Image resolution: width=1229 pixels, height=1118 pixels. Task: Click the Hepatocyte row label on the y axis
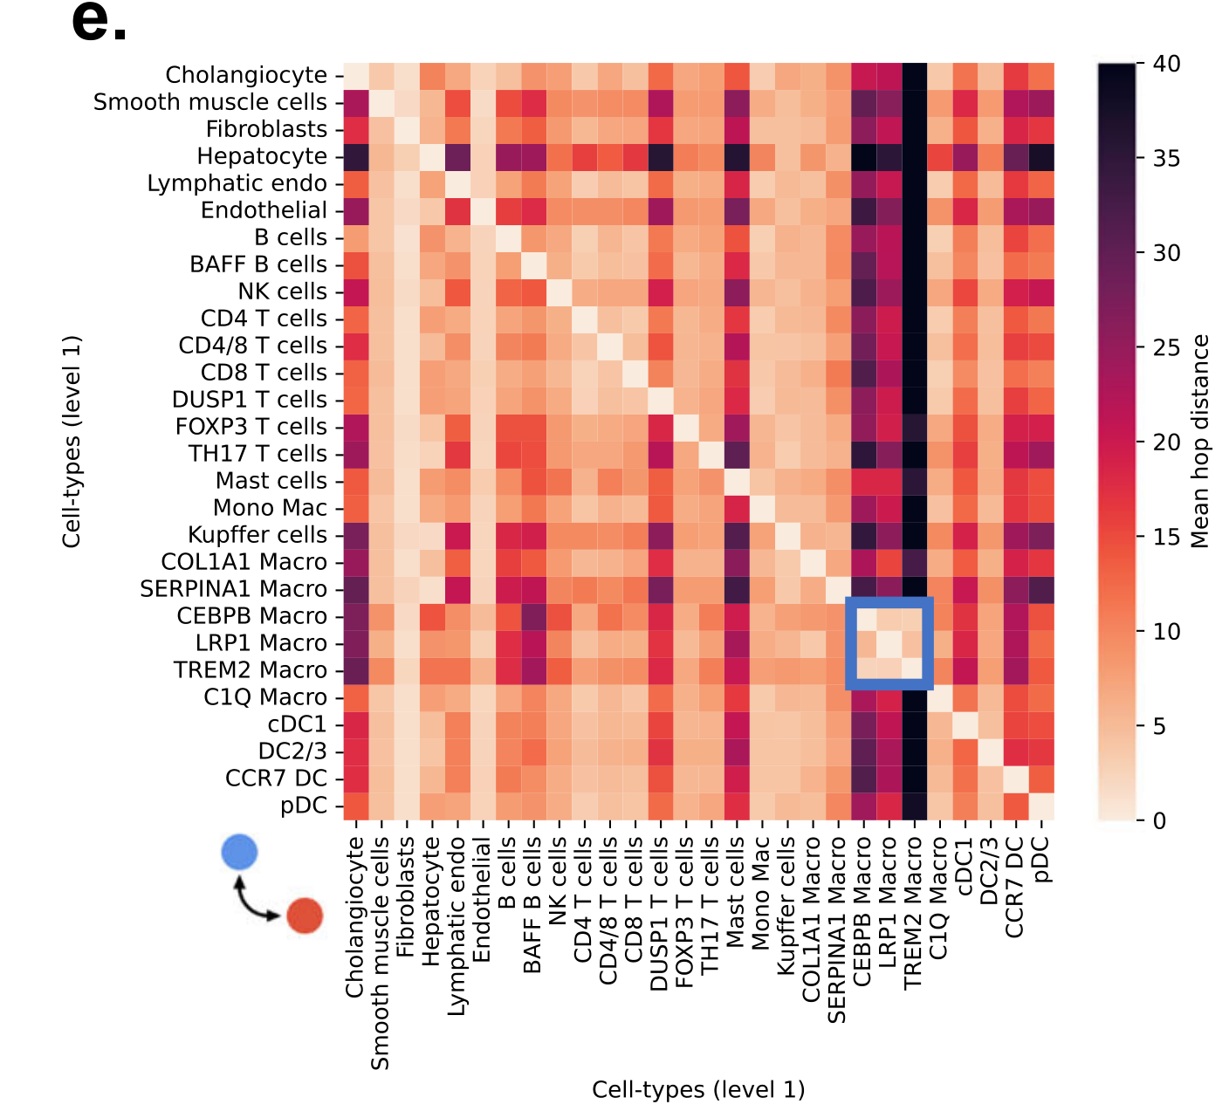tap(262, 157)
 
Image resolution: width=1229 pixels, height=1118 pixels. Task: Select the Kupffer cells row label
tap(257, 535)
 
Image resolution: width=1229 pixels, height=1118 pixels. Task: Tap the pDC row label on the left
tap(303, 806)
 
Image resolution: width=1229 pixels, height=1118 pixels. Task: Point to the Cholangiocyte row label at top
tap(246, 76)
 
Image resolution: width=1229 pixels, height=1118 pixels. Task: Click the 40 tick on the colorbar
tap(1166, 64)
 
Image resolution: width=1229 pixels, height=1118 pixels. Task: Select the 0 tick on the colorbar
tap(1159, 820)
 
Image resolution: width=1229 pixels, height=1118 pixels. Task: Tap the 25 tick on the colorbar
tap(1166, 347)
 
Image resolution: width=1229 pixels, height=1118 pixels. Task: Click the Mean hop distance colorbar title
tap(1201, 442)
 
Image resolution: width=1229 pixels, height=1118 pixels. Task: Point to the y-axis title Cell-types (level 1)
tap(72, 442)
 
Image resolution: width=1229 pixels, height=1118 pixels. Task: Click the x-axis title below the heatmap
tap(698, 1090)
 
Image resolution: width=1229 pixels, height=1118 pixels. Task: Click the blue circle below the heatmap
tap(239, 852)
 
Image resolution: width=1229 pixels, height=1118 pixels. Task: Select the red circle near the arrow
tap(305, 916)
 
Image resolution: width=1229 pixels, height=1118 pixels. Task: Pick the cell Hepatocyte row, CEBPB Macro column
tap(863, 157)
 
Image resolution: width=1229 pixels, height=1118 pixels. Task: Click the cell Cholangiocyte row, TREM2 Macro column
tap(914, 76)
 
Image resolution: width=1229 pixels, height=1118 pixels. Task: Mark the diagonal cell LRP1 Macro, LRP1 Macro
tap(889, 643)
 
